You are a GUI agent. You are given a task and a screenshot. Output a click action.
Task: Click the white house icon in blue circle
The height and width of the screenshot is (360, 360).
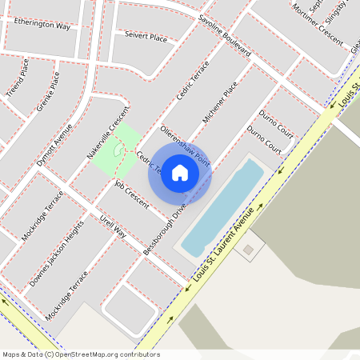tap(180, 172)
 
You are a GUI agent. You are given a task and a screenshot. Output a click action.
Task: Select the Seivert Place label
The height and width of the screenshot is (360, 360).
tap(146, 36)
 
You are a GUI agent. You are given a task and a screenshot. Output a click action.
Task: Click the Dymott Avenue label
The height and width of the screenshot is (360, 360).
tap(54, 145)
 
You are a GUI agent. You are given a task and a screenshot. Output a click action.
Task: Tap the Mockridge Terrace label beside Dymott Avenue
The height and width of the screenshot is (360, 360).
tap(42, 216)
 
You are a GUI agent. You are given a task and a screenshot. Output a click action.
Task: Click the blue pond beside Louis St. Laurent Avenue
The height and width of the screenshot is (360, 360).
tap(220, 208)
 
